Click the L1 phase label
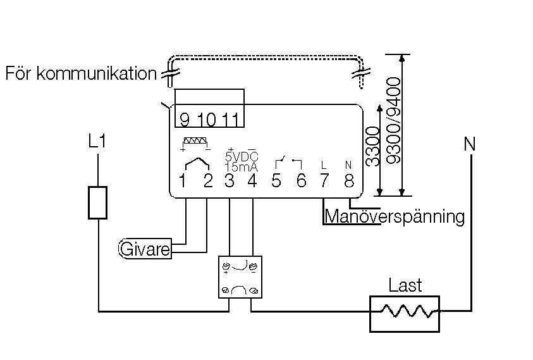pyautogui.click(x=97, y=142)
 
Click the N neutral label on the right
pyautogui.click(x=469, y=144)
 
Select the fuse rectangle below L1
pyautogui.click(x=97, y=202)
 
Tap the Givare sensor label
pyautogui.click(x=145, y=249)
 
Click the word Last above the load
pyautogui.click(x=405, y=285)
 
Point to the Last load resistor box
pyautogui.click(x=405, y=313)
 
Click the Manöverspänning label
pyautogui.click(x=395, y=216)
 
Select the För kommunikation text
pyautogui.click(x=81, y=73)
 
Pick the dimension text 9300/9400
pyautogui.click(x=395, y=121)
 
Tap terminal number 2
pyautogui.click(x=207, y=181)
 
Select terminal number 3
pyautogui.click(x=230, y=181)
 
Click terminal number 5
pyautogui.click(x=276, y=181)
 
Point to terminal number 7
pyautogui.click(x=324, y=181)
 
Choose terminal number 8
pyautogui.click(x=349, y=181)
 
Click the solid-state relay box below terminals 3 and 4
pyautogui.click(x=240, y=277)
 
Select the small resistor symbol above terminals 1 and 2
pyautogui.click(x=194, y=142)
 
